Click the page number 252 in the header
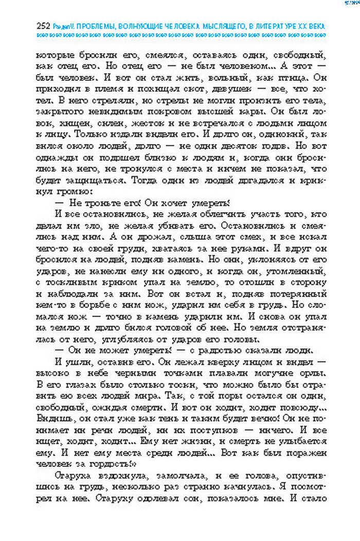(43, 26)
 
